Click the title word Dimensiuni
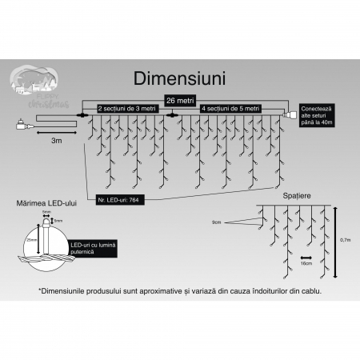coord(179,79)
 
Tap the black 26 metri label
coord(179,100)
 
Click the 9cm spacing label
coord(217,221)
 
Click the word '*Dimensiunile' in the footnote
coord(61,291)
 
